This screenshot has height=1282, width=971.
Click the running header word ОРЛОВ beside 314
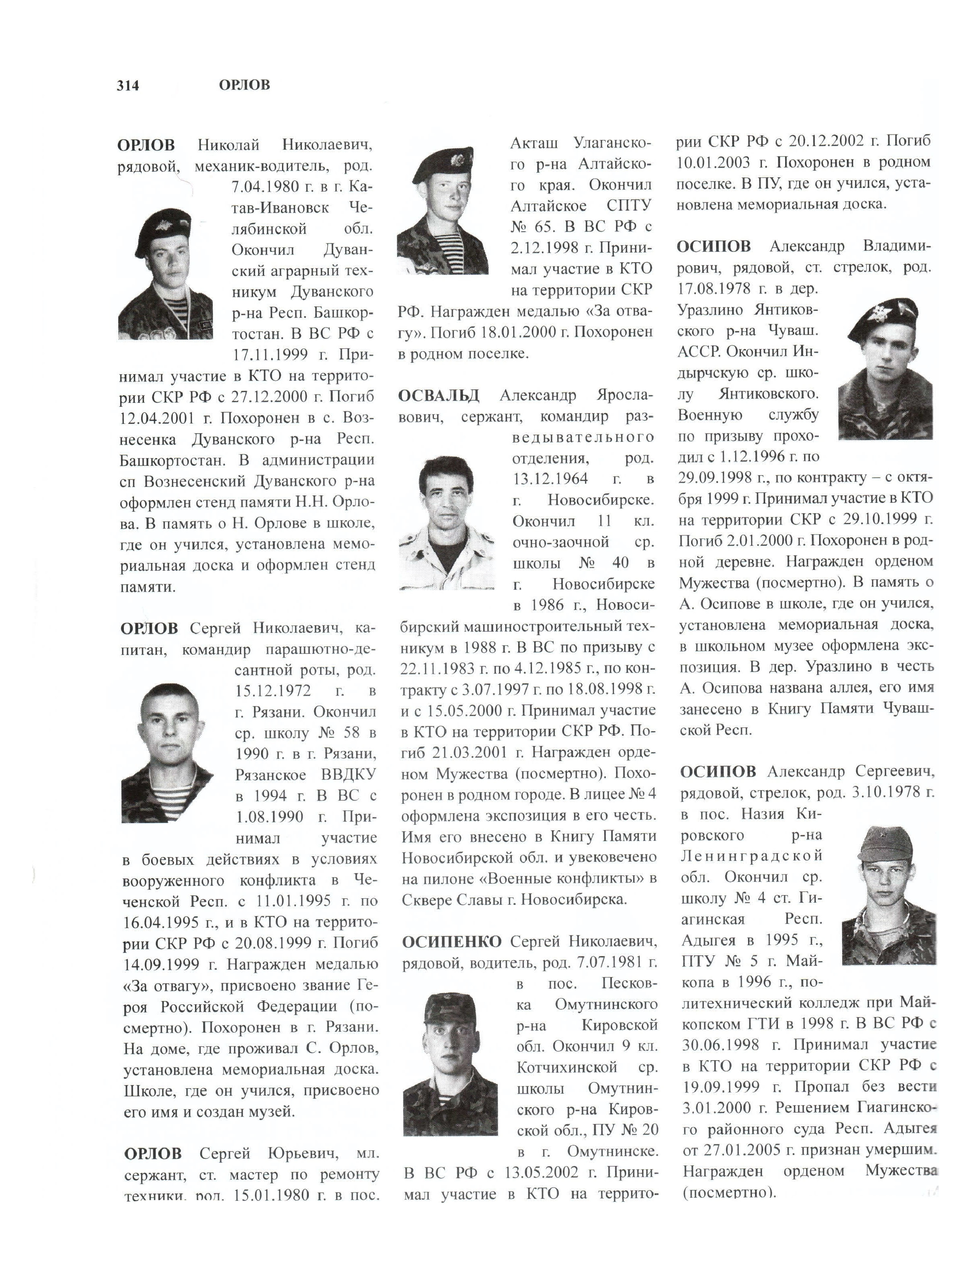point(244,85)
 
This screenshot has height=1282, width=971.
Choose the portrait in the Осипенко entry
point(450,1064)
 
